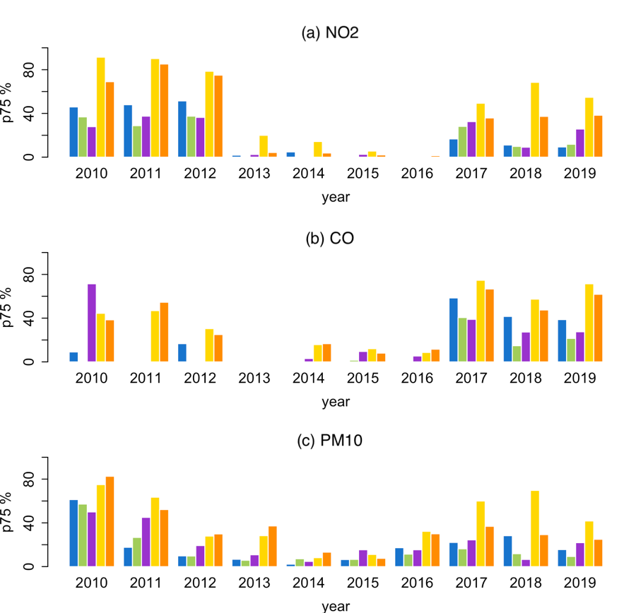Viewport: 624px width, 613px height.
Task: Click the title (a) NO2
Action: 330,32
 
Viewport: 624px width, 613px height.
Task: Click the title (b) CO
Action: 330,237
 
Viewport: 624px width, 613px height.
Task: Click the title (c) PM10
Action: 330,442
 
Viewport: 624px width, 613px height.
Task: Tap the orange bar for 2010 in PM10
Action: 110,522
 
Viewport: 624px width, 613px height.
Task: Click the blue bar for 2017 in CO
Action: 454,330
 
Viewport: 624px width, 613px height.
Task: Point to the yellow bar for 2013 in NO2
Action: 264,146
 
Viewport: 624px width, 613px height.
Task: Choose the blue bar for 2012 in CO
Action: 182,352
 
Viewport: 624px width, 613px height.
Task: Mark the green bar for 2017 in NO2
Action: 463,142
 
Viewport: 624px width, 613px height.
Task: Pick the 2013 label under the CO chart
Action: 254,379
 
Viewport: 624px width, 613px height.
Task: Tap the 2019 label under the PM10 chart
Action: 580,583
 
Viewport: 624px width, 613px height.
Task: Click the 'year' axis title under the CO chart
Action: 336,403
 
